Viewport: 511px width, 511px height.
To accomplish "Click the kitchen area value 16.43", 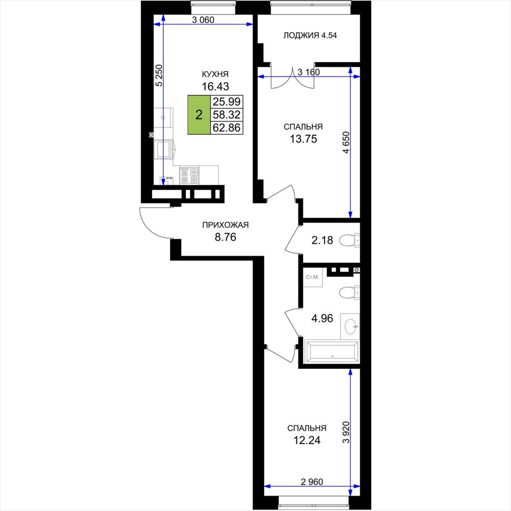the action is point(216,86).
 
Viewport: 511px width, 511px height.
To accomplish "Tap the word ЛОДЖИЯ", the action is point(301,35).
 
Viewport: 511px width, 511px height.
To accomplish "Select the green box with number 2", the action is point(199,115).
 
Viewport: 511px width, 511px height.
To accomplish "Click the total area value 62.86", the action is point(227,128).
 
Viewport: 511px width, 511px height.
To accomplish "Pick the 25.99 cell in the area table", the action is point(227,102).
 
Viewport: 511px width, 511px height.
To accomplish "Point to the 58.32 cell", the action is point(227,115).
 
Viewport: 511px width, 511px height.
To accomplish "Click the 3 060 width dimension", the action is point(203,20).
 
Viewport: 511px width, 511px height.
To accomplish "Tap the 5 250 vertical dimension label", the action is point(159,76).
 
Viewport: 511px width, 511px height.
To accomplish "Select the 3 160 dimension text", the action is point(308,72).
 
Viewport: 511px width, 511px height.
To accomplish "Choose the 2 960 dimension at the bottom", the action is point(312,482).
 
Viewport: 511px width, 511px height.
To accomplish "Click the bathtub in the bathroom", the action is point(332,352).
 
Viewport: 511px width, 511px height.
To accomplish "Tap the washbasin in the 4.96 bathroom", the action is point(351,326).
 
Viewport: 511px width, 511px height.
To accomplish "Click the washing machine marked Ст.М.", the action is point(312,277).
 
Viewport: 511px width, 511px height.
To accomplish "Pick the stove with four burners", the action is point(189,175).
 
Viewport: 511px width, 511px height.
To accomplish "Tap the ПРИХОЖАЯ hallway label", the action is point(225,225).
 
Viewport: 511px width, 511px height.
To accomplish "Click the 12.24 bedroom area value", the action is point(307,440).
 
